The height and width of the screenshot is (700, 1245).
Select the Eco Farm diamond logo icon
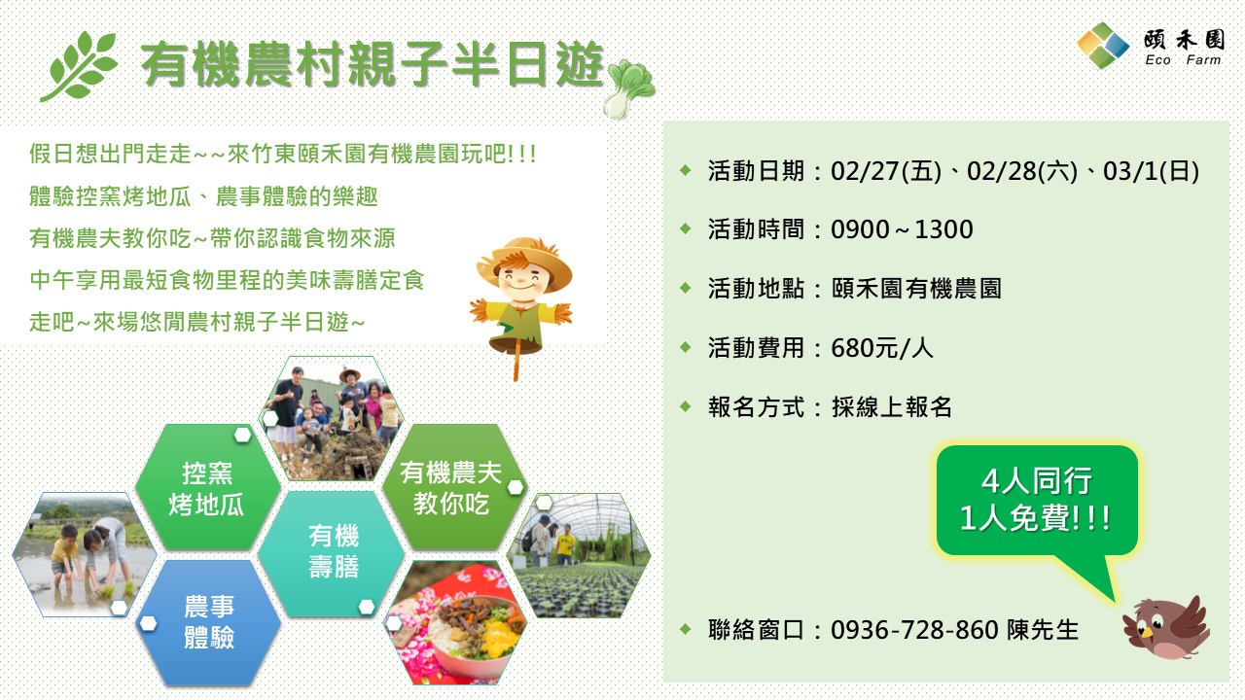(1103, 46)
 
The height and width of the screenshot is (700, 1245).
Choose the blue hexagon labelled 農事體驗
(209, 622)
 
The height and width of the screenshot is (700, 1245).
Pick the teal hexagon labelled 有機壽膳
(334, 551)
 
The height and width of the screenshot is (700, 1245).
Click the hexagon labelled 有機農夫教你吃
(450, 488)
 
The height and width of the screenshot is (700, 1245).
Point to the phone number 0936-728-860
(914, 630)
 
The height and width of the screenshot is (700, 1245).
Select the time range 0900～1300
(902, 229)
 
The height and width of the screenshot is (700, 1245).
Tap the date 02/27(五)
(886, 172)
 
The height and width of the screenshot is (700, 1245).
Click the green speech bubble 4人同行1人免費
(1035, 500)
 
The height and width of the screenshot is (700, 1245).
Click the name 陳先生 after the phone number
(1044, 630)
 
